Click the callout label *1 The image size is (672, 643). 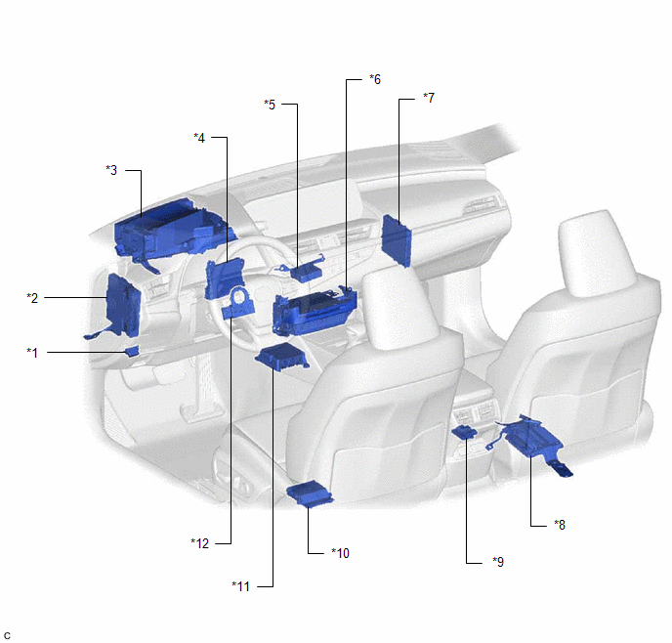(32, 353)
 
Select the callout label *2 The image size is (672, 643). (32, 298)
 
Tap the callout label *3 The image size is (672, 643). (111, 170)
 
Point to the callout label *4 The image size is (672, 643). (199, 138)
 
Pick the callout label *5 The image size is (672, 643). (270, 105)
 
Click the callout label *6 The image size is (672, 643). (375, 79)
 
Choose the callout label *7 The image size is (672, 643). (429, 98)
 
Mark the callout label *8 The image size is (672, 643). (560, 525)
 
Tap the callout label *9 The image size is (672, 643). (498, 562)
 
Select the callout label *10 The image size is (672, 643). (340, 553)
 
